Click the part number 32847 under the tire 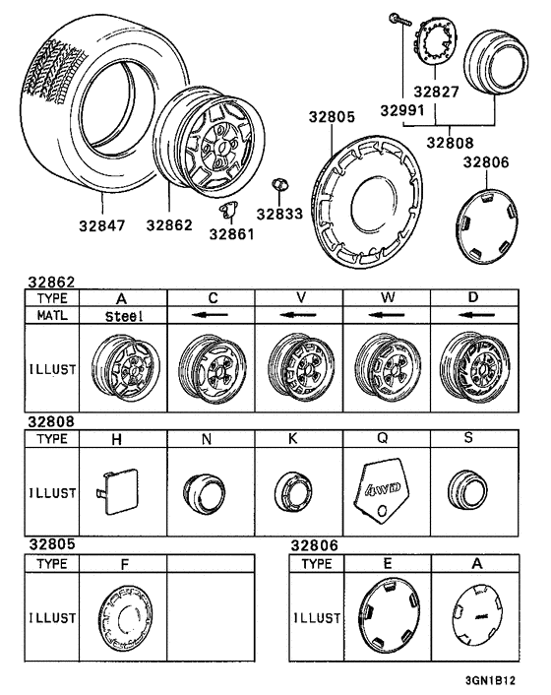pyautogui.click(x=102, y=225)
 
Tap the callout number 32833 pyautogui.click(x=279, y=214)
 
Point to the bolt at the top pyautogui.click(x=399, y=20)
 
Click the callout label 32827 pyautogui.click(x=436, y=92)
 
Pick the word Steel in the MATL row pyautogui.click(x=124, y=316)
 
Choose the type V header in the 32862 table pyautogui.click(x=301, y=297)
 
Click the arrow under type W pyautogui.click(x=387, y=315)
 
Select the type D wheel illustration pyautogui.click(x=475, y=367)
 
